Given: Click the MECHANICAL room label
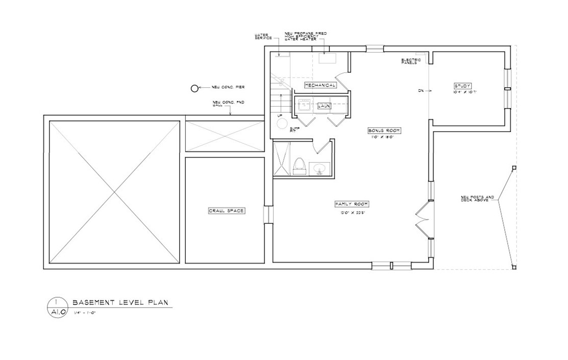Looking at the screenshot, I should [320, 85].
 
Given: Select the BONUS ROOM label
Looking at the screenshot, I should [384, 131].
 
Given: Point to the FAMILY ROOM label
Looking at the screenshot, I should [352, 204].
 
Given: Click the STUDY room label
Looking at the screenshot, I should [462, 86].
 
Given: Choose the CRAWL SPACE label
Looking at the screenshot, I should [226, 211].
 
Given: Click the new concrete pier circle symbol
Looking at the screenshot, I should [194, 88].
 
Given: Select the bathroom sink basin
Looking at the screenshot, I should [320, 168].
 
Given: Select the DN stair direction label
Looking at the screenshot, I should [421, 91].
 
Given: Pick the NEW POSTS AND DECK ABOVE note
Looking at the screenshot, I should [477, 199].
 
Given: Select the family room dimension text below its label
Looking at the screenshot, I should [352, 213].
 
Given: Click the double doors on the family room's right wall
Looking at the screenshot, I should [423, 218].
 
